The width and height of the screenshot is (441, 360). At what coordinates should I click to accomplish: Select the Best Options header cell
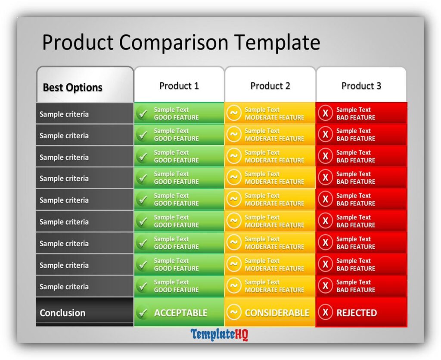click(x=72, y=88)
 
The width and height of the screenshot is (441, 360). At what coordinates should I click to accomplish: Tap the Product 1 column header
click(x=179, y=86)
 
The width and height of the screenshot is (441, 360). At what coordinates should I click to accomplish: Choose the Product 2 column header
click(x=270, y=86)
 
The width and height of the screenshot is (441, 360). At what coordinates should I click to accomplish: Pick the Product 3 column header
click(x=361, y=86)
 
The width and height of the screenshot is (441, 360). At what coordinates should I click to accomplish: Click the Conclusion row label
click(x=62, y=313)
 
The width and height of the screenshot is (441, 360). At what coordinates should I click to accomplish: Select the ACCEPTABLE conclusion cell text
click(x=180, y=313)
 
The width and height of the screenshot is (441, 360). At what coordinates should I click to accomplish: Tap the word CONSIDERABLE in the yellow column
click(x=277, y=313)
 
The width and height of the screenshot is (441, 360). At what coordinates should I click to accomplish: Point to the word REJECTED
click(x=357, y=313)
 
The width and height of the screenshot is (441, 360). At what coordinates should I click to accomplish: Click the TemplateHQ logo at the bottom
click(x=220, y=334)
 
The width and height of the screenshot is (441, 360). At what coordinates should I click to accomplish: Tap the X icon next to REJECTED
click(x=325, y=313)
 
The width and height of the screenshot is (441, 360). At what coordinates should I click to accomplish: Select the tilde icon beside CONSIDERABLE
click(x=234, y=312)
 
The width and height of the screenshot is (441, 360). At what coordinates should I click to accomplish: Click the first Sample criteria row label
click(x=64, y=114)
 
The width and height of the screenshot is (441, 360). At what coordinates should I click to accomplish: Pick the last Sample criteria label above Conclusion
click(x=64, y=287)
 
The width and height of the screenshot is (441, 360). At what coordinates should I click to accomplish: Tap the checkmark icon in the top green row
click(x=142, y=114)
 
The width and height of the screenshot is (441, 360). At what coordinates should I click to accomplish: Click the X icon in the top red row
click(x=325, y=113)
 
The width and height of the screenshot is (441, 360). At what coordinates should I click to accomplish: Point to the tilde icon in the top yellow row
click(x=234, y=113)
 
